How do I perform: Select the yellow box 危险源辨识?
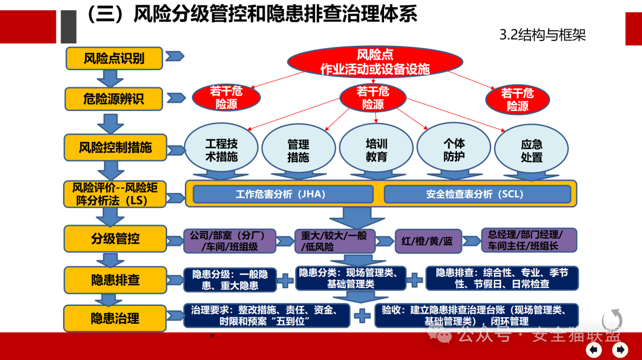[114, 98]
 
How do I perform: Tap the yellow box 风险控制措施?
[115, 147]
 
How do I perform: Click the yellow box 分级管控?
[115, 239]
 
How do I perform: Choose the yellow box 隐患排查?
[115, 279]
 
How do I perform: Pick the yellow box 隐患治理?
[115, 318]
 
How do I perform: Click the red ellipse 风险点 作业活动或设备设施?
[374, 62]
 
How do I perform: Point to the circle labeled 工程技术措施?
[221, 150]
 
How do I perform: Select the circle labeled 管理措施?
[298, 150]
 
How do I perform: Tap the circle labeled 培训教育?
[376, 150]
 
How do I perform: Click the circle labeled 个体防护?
[454, 150]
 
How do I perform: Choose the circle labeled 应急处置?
[531, 151]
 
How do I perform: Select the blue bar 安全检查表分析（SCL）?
[477, 194]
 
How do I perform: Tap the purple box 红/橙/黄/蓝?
[427, 241]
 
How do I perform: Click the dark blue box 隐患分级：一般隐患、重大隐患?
[229, 280]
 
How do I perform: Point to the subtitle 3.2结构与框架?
[543, 35]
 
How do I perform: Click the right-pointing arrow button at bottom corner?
[620, 350]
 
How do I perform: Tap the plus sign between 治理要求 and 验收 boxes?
[361, 315]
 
